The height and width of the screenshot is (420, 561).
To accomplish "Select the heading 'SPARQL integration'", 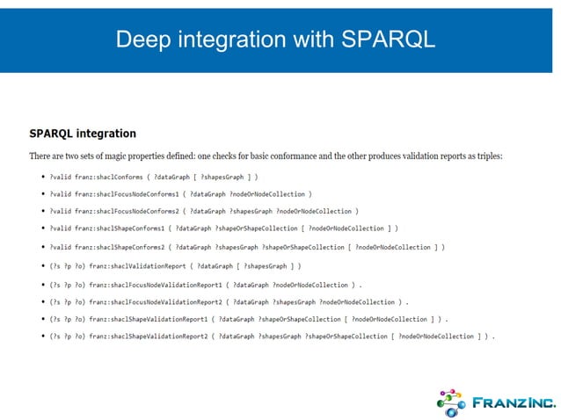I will pos(83,134).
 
